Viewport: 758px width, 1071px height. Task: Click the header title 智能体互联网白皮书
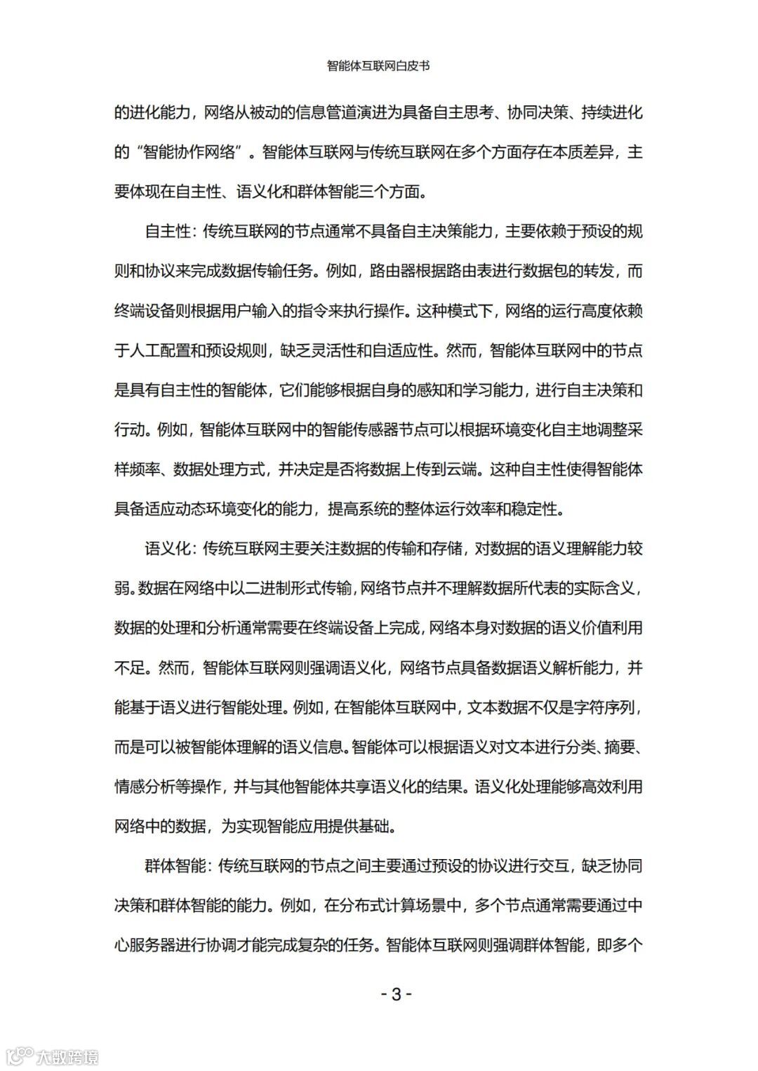378,66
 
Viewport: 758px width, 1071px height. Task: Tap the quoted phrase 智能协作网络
190,152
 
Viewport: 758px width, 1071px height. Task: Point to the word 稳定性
541,509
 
